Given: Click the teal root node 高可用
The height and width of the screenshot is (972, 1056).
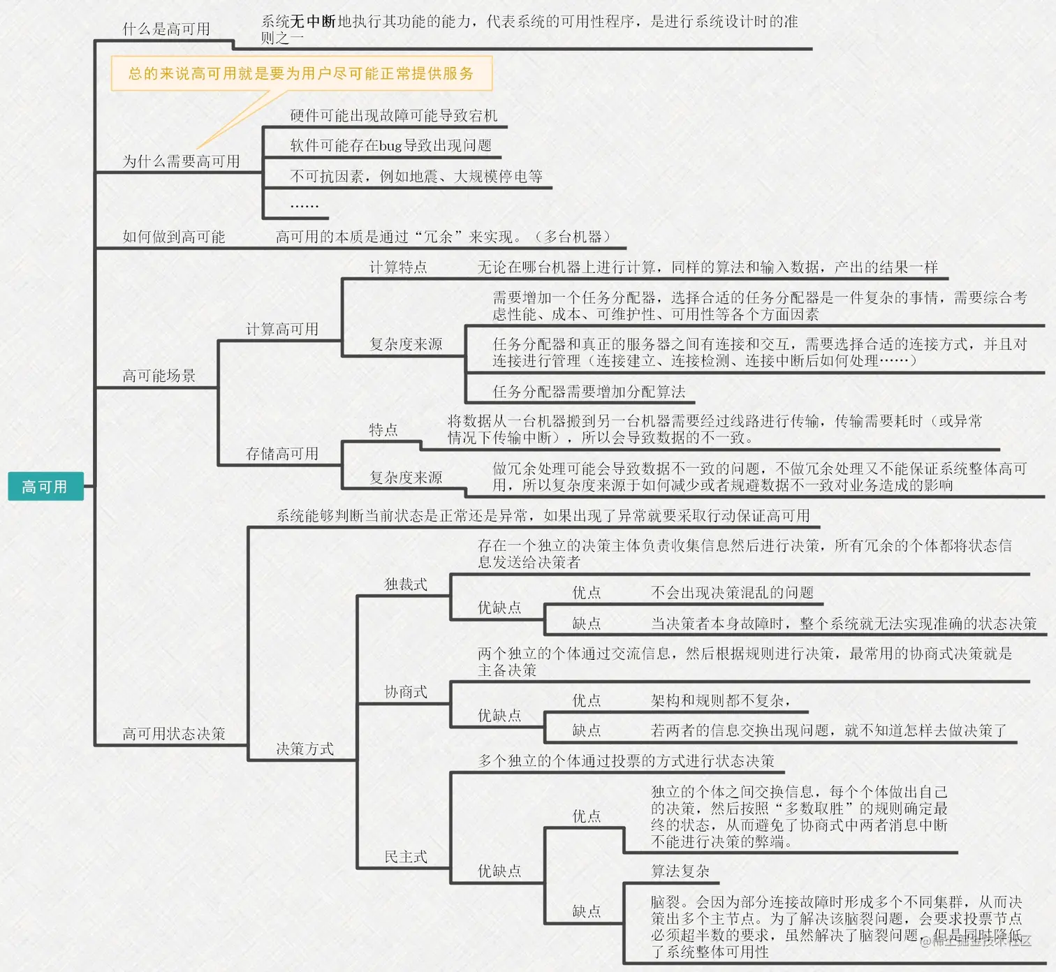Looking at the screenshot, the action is [x=45, y=487].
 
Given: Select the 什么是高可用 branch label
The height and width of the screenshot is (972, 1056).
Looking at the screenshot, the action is [x=166, y=29].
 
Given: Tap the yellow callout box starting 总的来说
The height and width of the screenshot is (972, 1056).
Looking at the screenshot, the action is [x=301, y=73].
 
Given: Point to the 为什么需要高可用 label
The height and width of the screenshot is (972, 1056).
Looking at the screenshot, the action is [x=181, y=161].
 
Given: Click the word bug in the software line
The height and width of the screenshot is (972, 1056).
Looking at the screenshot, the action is [x=390, y=145].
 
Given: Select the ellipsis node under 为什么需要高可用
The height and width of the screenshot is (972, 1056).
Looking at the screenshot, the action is [x=304, y=205].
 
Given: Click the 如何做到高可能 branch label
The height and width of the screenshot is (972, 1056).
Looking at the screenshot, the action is [x=173, y=237].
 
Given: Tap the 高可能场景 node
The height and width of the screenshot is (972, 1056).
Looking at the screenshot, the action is [x=159, y=376].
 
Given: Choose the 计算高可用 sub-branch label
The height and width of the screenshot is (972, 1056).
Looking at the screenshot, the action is [x=281, y=329].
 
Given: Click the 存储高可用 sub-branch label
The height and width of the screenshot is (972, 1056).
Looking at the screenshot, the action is [x=281, y=453].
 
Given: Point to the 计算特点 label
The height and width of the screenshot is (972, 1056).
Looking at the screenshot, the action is [x=397, y=267].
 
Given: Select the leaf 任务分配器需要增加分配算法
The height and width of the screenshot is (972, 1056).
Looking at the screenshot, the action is [x=589, y=392].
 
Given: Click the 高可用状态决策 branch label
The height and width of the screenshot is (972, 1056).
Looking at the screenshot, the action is [x=173, y=733].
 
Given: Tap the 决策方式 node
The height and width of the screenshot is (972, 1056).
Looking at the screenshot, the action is [x=305, y=749].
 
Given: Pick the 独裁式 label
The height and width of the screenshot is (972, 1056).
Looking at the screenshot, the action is [x=406, y=584].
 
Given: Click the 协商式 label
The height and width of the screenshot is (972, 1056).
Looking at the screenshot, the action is [x=406, y=691].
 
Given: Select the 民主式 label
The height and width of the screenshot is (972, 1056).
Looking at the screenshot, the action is [x=406, y=856].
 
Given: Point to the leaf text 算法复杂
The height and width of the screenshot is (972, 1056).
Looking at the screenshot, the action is [x=680, y=871].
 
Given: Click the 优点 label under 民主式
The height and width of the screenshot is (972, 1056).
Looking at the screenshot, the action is [x=586, y=816].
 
